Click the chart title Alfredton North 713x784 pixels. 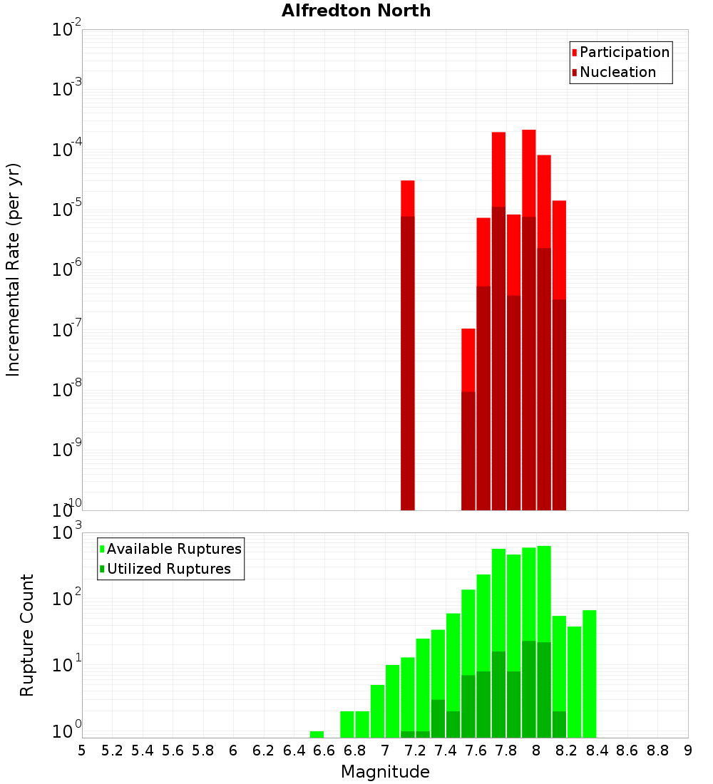coord(356,11)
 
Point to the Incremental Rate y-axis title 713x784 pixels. coord(14,269)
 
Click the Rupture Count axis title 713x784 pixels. coord(27,635)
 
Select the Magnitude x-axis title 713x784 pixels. coord(385,772)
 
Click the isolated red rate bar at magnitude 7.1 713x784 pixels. coord(408,345)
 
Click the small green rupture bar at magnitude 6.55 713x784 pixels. coord(317,734)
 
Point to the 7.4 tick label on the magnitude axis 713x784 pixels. coord(446,751)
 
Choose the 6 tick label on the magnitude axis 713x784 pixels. coord(233,751)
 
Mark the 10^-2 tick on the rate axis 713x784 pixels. coord(67,30)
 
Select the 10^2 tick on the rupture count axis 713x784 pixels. coord(67,599)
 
